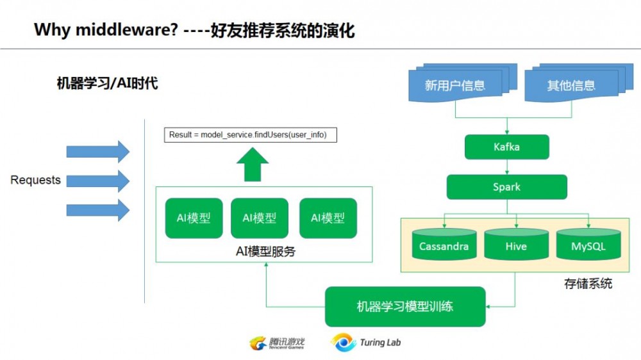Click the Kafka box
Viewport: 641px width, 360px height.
506,147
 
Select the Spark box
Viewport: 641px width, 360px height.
506,187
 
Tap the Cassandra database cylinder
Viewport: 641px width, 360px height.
444,245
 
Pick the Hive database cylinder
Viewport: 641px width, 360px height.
515,245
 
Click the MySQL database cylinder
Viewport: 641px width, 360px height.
588,245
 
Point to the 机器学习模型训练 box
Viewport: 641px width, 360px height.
404,306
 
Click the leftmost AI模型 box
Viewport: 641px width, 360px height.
194,218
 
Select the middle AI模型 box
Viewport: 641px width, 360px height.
259,218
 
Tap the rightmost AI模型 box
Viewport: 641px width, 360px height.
328,218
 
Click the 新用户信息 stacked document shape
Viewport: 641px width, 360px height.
455,85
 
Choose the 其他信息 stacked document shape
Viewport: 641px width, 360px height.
571,85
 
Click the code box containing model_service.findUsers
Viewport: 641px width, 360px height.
250,135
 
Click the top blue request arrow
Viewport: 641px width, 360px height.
97,151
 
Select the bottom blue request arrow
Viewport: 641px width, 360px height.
97,209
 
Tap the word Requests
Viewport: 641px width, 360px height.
35,180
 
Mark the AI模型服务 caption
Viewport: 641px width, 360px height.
265,252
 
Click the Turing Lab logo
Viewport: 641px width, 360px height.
366,343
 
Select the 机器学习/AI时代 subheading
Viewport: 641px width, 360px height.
107,83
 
